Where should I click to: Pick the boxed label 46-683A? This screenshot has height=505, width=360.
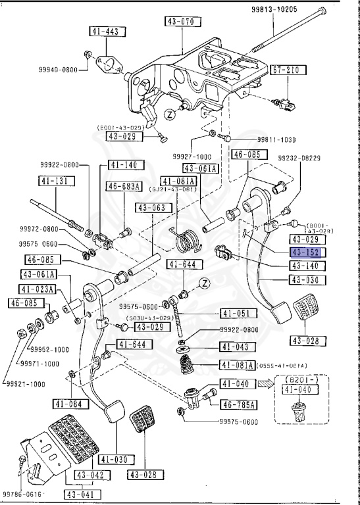click(x=124, y=187)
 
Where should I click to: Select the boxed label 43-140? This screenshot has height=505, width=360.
click(x=305, y=266)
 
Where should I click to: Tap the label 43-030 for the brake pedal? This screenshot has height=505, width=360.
click(x=305, y=279)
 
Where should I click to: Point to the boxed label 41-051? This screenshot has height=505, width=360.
click(x=234, y=314)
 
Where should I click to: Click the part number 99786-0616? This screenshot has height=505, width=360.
click(x=22, y=493)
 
